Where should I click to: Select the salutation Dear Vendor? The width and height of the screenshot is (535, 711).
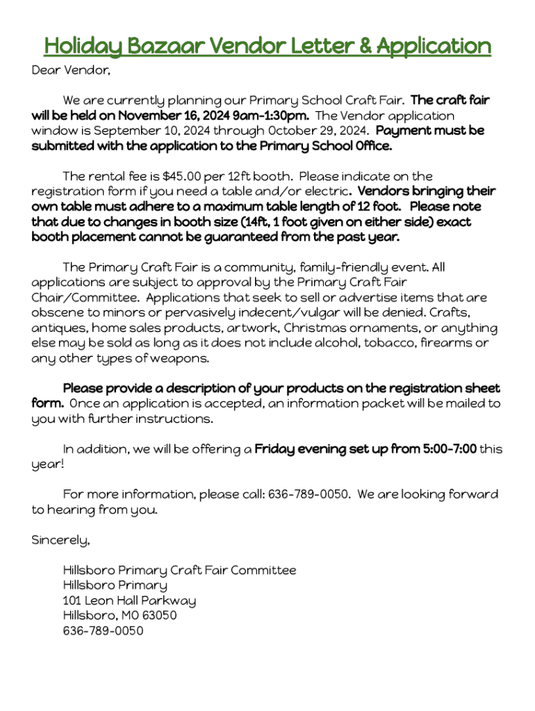coord(71,70)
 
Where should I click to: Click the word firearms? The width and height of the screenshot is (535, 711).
coord(445,343)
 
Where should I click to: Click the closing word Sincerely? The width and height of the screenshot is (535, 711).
coord(60,539)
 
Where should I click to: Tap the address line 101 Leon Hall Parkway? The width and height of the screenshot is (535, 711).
coord(129,601)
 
